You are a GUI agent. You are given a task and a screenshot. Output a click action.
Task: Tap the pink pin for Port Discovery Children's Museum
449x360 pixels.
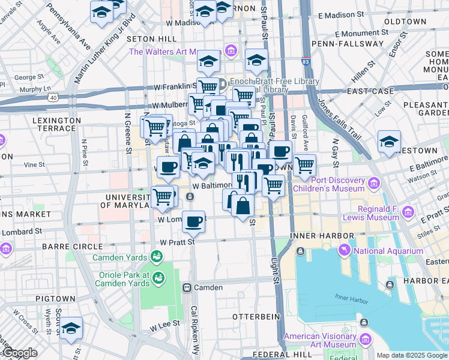tap(373, 182)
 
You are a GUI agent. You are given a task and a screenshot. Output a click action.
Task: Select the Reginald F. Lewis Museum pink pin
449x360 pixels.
tap(409, 212)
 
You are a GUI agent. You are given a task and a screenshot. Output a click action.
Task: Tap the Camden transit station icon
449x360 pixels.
tap(187, 287)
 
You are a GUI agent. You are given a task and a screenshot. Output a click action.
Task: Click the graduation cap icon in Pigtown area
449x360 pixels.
tap(71, 328)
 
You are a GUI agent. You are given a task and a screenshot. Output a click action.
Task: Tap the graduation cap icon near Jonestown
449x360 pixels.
tap(389, 142)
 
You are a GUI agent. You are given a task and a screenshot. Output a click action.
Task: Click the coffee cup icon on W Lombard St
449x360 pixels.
tap(193, 221)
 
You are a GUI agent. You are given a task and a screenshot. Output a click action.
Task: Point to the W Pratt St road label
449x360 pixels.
tap(178, 242)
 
